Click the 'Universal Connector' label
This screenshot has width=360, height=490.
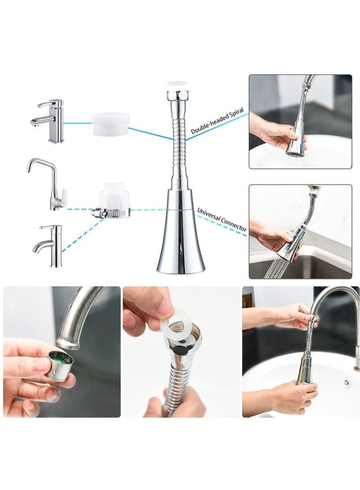222,220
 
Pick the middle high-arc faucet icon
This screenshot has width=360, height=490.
48,184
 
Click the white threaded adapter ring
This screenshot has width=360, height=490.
110,125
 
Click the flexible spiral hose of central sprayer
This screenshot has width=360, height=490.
179,144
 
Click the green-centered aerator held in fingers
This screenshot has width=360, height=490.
59,365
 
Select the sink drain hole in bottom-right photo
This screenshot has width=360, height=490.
346,382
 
